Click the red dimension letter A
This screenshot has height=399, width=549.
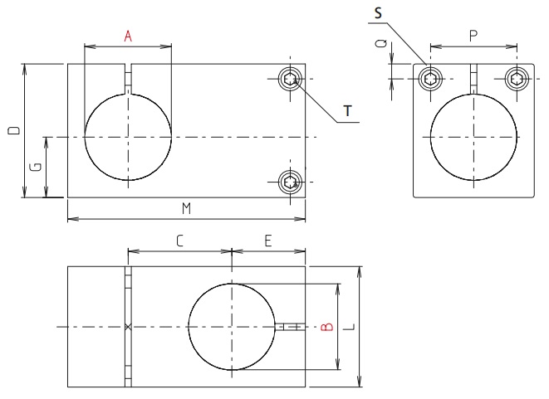tap(128, 36)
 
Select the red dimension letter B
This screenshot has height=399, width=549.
tap(327, 326)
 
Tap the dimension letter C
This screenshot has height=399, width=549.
tap(179, 241)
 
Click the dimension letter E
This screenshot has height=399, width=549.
tap(267, 241)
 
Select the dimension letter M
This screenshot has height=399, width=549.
tap(186, 209)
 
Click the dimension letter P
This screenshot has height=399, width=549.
tap(473, 36)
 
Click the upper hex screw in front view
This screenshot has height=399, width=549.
tap(290, 80)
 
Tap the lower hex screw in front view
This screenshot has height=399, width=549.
tap(290, 181)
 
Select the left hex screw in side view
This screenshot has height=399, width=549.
tap(430, 79)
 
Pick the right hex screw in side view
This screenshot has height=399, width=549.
tap(517, 79)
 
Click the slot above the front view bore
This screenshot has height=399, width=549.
tap(129, 80)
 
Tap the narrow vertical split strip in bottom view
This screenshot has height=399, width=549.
tap(129, 326)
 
